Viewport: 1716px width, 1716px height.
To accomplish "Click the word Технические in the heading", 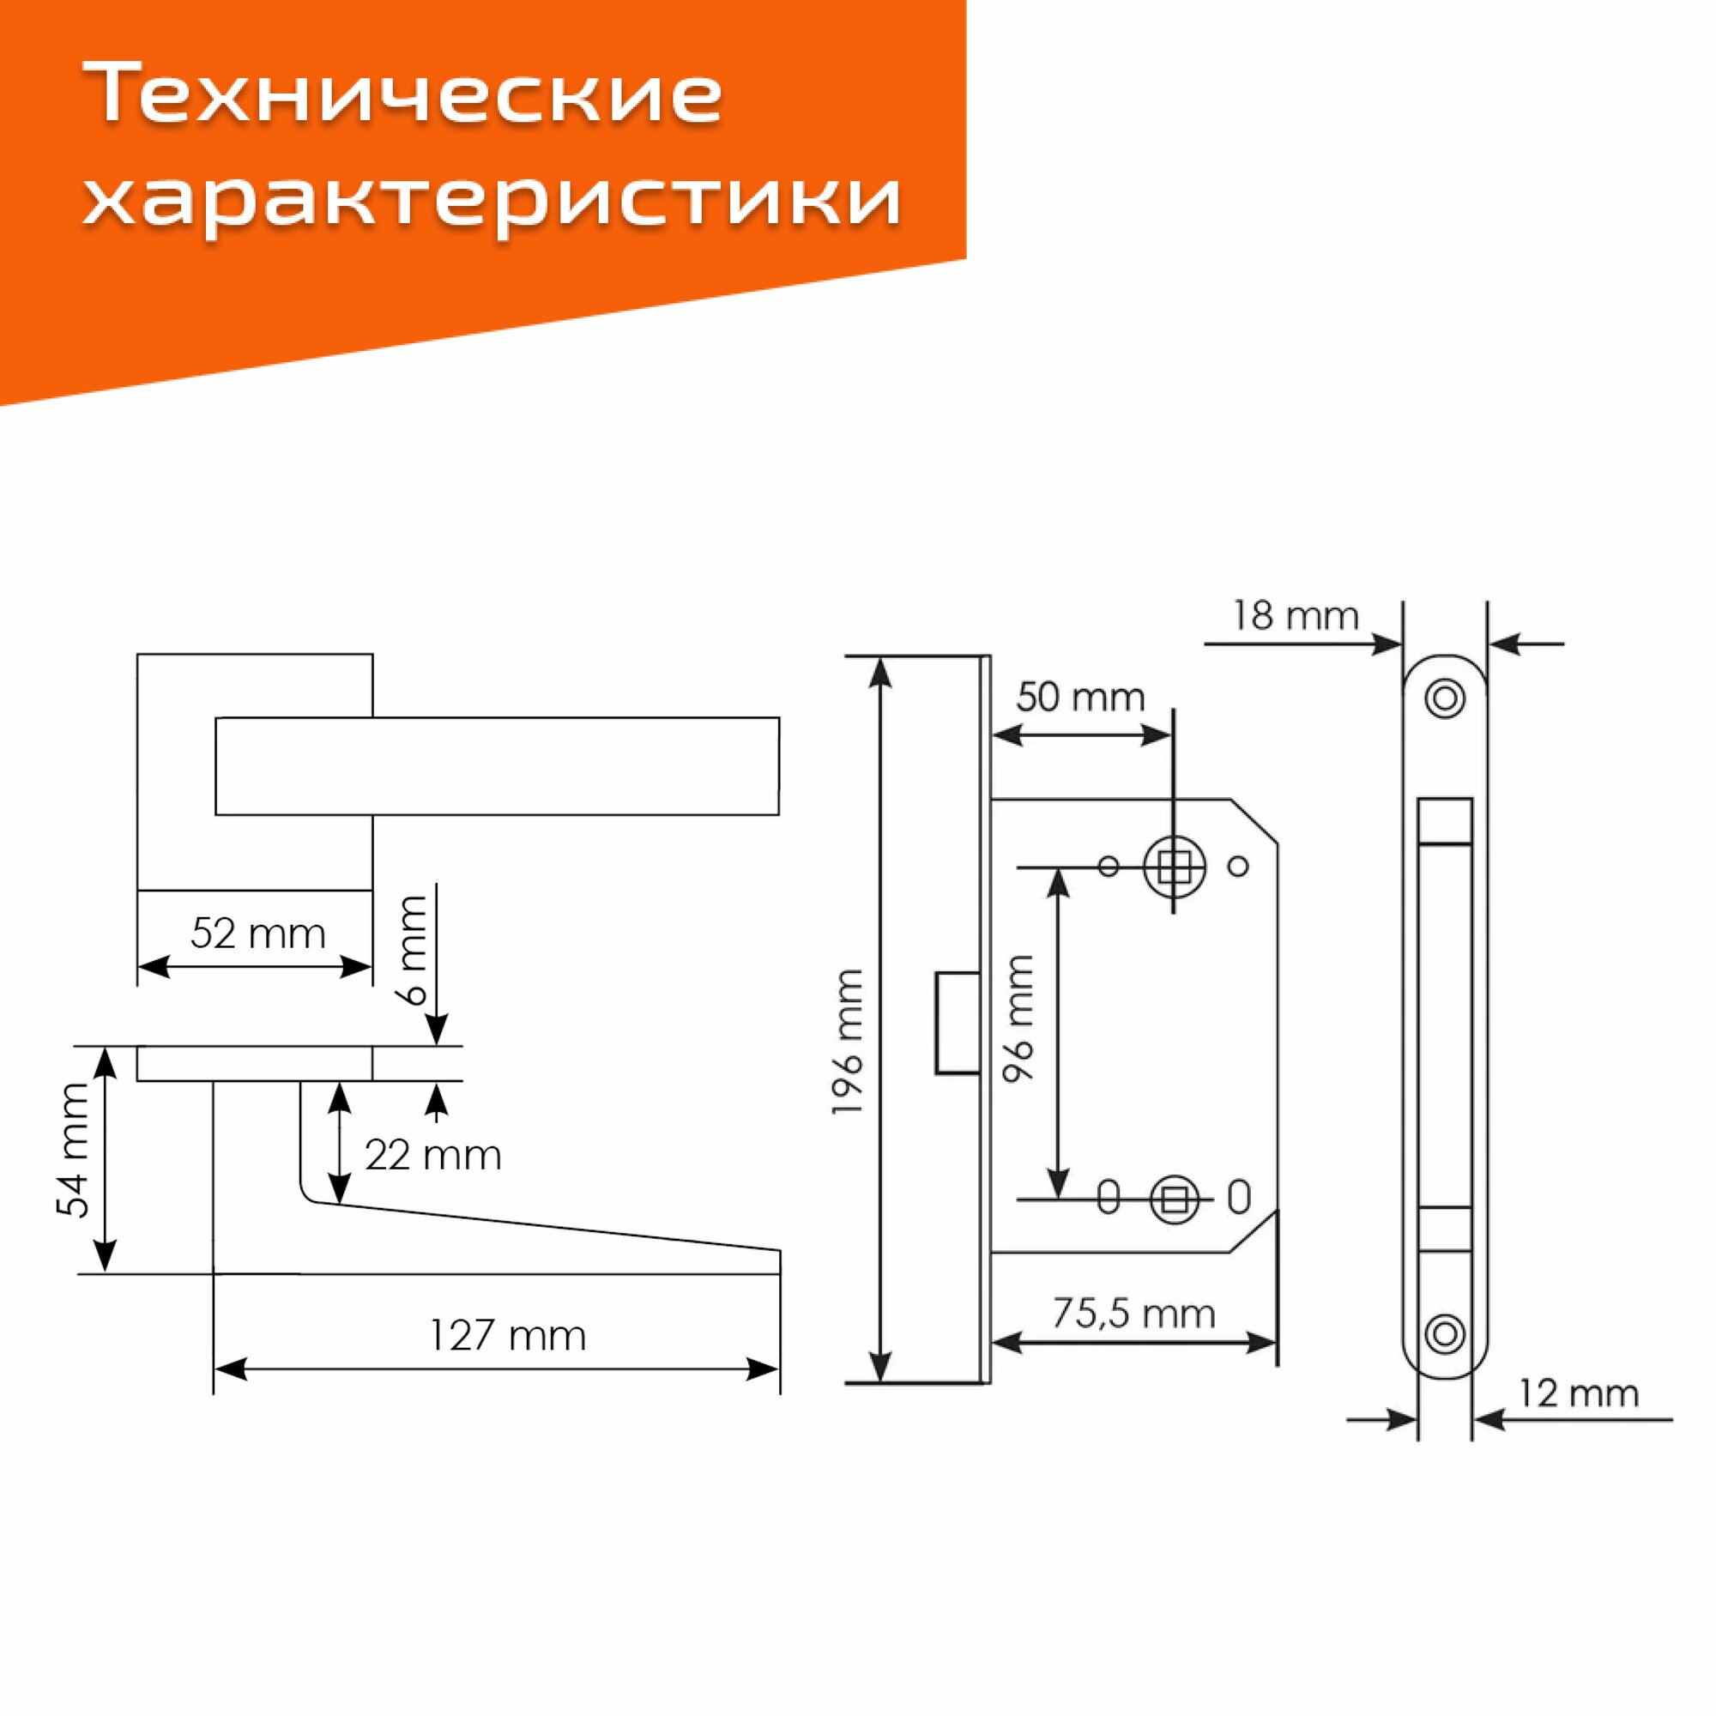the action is coord(404,96).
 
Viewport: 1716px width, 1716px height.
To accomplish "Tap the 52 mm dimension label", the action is coord(257,934).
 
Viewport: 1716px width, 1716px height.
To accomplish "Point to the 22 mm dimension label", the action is coord(432,1156).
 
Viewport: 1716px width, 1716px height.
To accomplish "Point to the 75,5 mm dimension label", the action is coord(1133,1313).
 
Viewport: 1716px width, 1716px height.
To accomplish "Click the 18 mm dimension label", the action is coord(1295,615).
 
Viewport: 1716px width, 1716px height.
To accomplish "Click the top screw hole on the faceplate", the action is coord(1444,699).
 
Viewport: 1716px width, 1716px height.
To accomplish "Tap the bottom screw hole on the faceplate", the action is coord(1444,1334).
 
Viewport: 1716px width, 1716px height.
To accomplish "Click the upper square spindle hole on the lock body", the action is coord(1175,866).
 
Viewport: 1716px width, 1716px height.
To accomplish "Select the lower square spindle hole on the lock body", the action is coord(1175,1201).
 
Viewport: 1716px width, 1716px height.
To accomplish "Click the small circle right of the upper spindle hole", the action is coord(1239,865).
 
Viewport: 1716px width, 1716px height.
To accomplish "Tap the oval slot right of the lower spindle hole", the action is coord(1239,1197).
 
